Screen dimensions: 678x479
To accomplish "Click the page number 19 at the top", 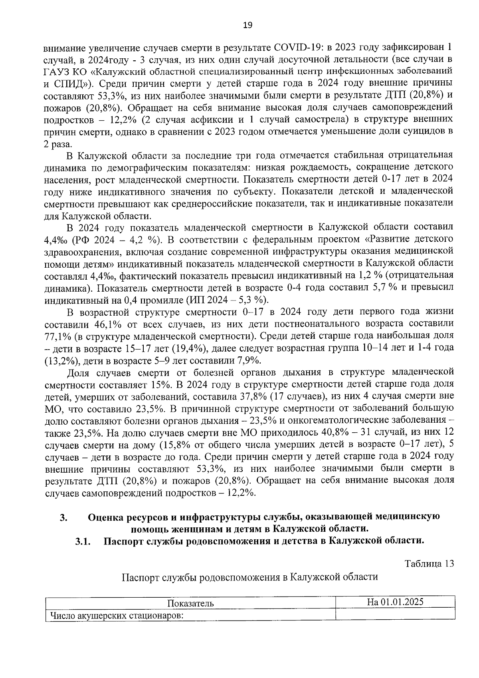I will [x=247, y=25].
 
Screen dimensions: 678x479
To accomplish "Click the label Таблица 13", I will [x=429, y=564].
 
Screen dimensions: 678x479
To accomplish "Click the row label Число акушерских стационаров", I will [x=116, y=615].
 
